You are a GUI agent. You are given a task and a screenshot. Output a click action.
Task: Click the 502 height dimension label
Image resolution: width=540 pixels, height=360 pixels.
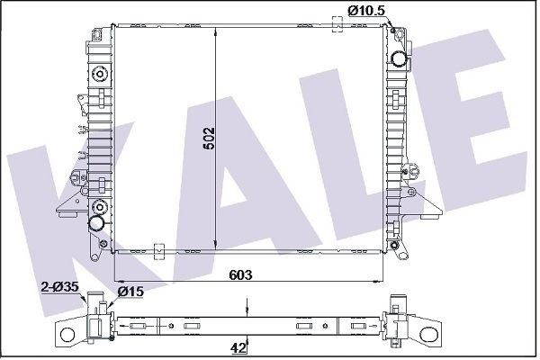point(209,139)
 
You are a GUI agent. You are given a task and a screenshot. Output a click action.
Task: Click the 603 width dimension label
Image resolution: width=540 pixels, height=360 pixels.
point(240,274)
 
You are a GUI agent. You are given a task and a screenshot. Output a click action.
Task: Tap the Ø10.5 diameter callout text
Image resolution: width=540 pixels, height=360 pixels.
point(365,11)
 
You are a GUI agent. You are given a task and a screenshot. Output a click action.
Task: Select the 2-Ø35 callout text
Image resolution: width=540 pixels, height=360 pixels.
point(60,286)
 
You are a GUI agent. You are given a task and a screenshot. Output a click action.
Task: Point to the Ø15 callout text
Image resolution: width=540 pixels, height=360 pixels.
point(130,292)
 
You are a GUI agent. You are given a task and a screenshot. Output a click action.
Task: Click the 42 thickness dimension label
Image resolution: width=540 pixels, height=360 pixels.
point(238,348)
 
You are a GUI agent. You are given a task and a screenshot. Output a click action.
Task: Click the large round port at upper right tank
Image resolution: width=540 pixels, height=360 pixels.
point(400,58)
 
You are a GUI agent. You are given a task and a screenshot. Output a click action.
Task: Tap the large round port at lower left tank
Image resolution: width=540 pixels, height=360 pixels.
point(96,223)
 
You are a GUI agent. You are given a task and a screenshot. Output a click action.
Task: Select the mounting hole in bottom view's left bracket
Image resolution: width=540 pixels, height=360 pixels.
point(67,334)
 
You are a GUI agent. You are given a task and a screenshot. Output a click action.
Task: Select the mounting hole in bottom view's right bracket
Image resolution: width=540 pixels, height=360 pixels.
point(427,334)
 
